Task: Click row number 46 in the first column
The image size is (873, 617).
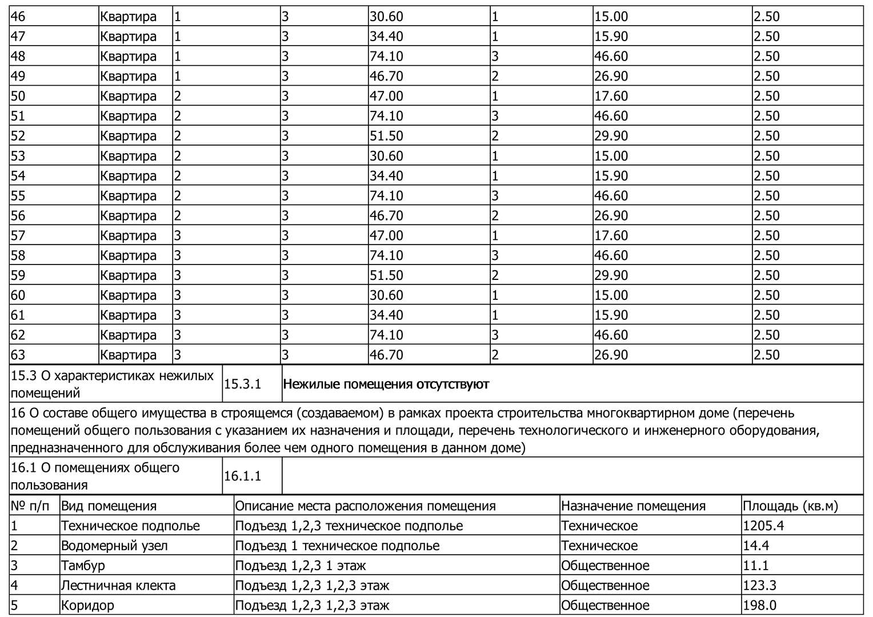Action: click(18, 17)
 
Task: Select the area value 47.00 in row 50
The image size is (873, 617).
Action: click(386, 96)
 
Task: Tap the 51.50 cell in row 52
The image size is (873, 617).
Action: click(386, 136)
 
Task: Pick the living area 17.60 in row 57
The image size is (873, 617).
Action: click(611, 235)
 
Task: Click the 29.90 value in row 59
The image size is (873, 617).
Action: click(611, 275)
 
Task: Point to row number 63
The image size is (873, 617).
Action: click(18, 355)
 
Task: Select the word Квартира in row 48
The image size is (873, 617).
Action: click(128, 57)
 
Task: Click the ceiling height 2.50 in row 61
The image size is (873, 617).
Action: click(766, 315)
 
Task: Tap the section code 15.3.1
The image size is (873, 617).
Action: click(242, 384)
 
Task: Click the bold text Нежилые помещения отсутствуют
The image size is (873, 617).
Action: click(386, 384)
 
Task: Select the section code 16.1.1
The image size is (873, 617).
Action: click(242, 476)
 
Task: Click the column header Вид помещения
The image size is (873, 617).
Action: click(109, 506)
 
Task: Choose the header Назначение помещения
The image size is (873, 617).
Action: click(633, 506)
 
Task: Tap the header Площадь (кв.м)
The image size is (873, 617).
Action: click(790, 506)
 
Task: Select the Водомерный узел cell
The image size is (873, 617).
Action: click(114, 546)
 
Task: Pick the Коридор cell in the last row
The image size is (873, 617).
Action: click(87, 606)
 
